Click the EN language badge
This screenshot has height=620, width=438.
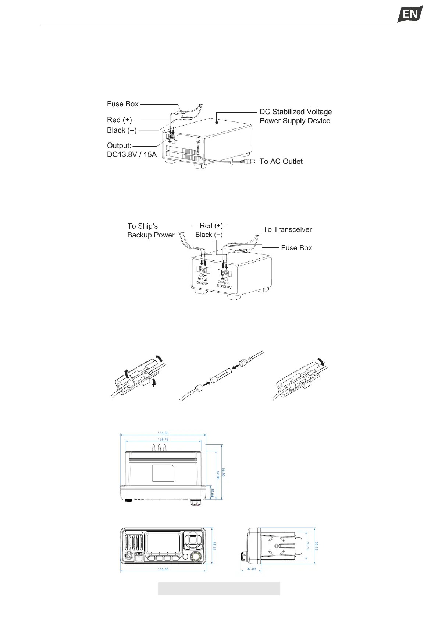410,14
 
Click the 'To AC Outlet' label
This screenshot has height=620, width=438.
281,161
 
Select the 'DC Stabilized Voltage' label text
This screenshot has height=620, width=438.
295,112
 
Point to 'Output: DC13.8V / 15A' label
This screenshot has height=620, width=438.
132,150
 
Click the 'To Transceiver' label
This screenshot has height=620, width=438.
287,229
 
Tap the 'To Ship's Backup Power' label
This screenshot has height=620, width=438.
151,230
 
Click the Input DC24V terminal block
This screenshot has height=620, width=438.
203,269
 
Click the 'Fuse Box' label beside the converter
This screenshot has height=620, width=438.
296,248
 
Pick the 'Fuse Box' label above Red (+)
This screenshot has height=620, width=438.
122,104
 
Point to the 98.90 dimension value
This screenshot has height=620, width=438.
224,472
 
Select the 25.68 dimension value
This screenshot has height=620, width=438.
213,493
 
